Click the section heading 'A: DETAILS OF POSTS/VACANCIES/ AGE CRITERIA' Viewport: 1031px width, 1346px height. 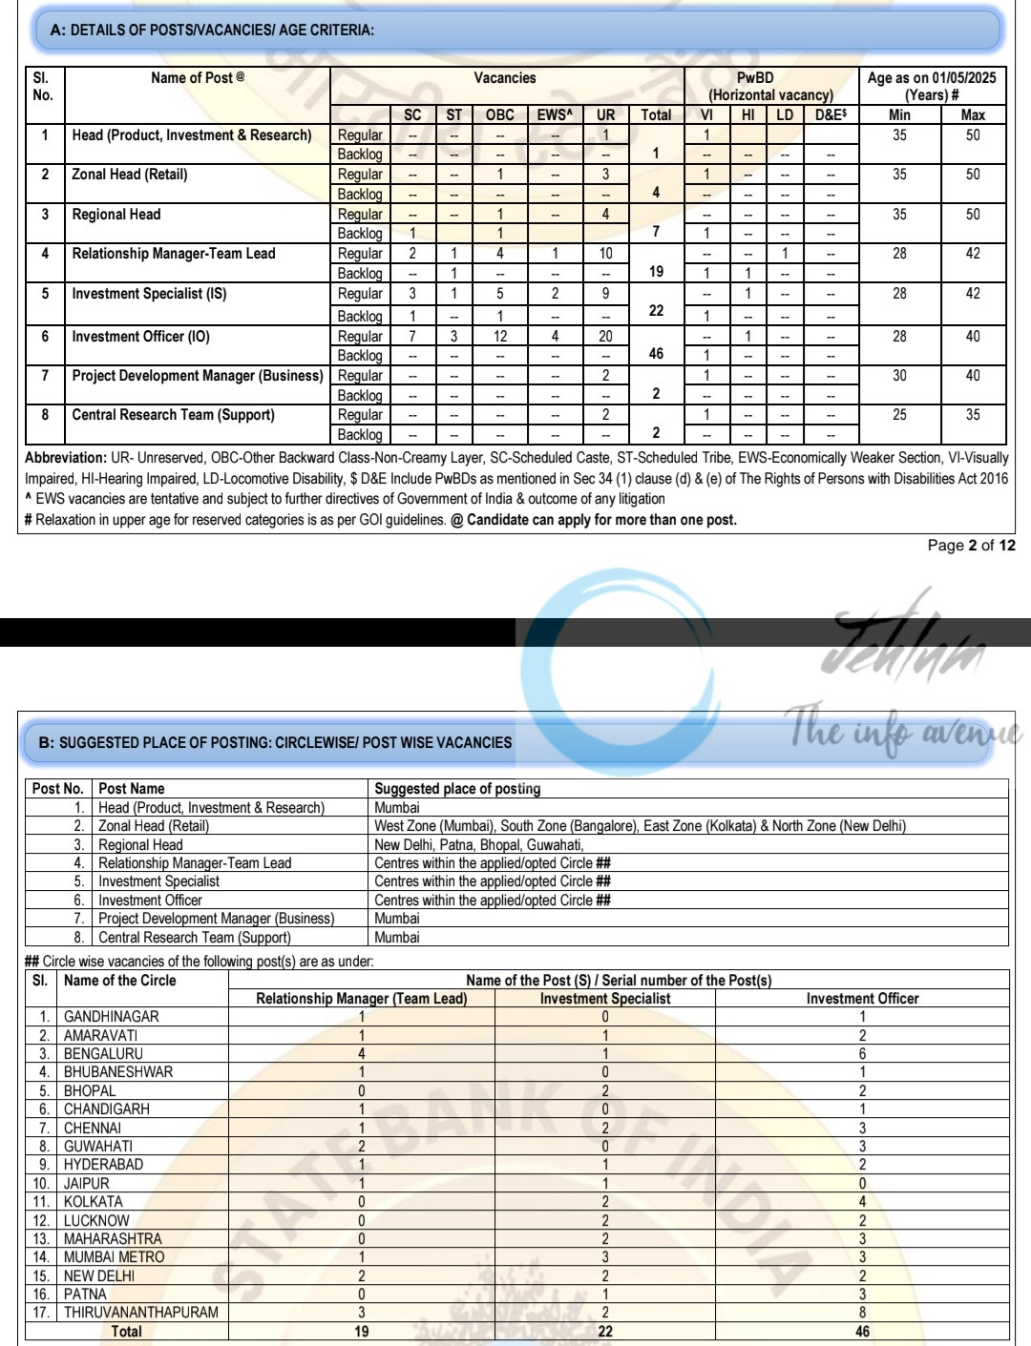click(212, 31)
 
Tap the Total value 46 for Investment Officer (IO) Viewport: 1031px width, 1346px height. click(656, 353)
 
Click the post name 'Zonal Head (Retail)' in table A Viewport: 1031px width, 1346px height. click(130, 175)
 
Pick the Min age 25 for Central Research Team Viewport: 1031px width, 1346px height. click(899, 415)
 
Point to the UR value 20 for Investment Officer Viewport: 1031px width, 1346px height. click(605, 336)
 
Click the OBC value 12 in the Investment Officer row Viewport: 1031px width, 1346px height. click(499, 336)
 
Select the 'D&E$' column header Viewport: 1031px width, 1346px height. click(830, 114)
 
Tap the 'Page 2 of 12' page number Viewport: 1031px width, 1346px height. click(971, 546)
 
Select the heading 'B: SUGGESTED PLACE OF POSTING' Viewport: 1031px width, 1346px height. click(275, 742)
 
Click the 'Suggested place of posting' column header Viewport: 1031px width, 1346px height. click(457, 789)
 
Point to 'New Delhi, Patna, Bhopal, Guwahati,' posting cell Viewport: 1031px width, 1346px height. click(478, 844)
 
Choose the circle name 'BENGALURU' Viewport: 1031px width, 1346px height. click(103, 1054)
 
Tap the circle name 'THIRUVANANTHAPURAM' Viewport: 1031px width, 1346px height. click(140, 1313)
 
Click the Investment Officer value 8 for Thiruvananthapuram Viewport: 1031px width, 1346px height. click(862, 1313)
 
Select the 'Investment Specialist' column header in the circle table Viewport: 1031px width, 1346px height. click(605, 999)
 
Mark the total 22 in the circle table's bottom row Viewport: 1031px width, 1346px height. click(605, 1332)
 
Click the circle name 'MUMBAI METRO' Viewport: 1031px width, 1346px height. click(114, 1257)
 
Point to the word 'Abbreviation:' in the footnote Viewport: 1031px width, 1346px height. click(65, 458)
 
